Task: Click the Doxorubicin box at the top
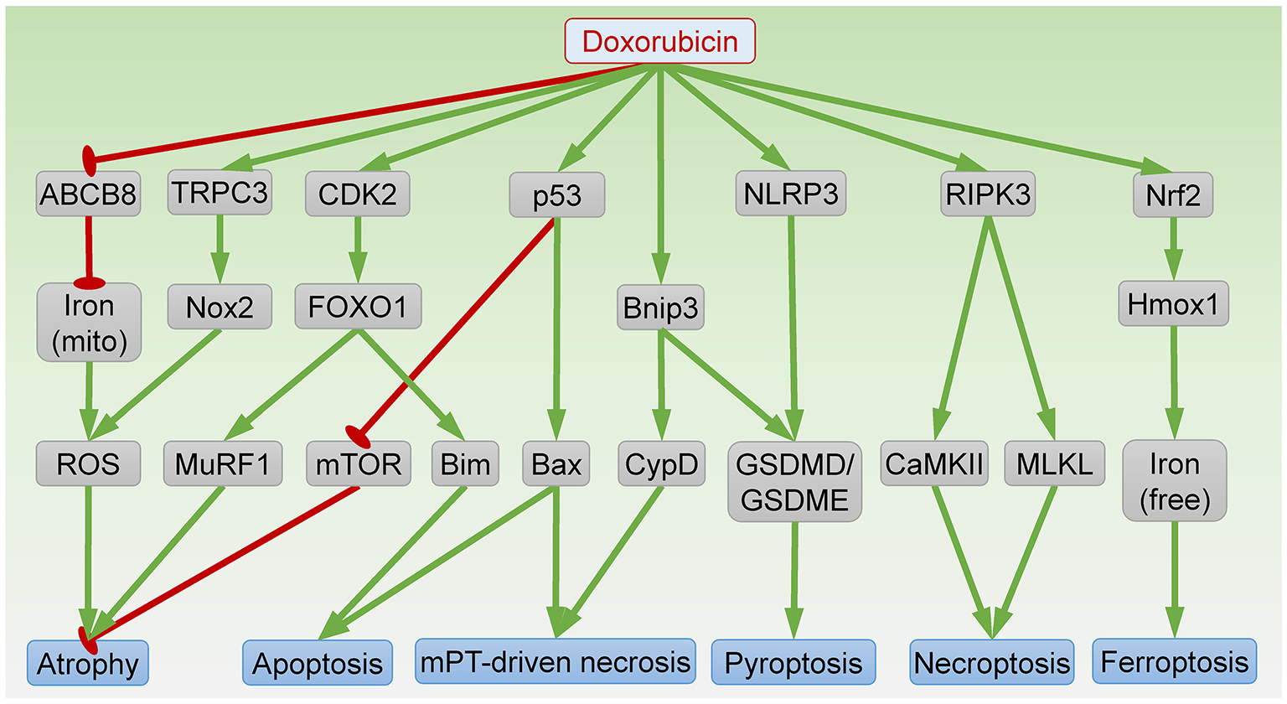pos(660,42)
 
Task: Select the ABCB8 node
pos(88,194)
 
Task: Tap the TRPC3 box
pos(220,193)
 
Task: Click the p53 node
pos(556,195)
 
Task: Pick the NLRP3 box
pos(790,194)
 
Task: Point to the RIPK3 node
pos(988,194)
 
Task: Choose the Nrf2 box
pos(1173,195)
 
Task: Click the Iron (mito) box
pos(89,323)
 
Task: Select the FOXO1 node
pos(358,307)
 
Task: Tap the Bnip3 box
pos(660,308)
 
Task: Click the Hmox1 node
pos(1173,304)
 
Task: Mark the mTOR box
pos(359,464)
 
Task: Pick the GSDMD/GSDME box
pos(794,482)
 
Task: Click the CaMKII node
pos(934,464)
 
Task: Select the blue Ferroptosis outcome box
pos(1175,662)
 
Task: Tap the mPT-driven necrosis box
pos(556,662)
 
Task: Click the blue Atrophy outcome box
pos(88,664)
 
